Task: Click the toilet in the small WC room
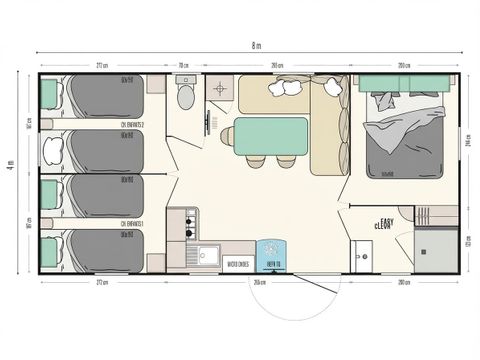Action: click(184, 96)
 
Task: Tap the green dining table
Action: click(270, 134)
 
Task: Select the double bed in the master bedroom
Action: click(404, 135)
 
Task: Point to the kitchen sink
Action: click(208, 254)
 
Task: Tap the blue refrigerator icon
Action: click(270, 253)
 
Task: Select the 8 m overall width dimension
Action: click(256, 46)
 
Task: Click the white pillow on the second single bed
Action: click(52, 150)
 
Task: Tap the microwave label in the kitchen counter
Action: click(237, 265)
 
